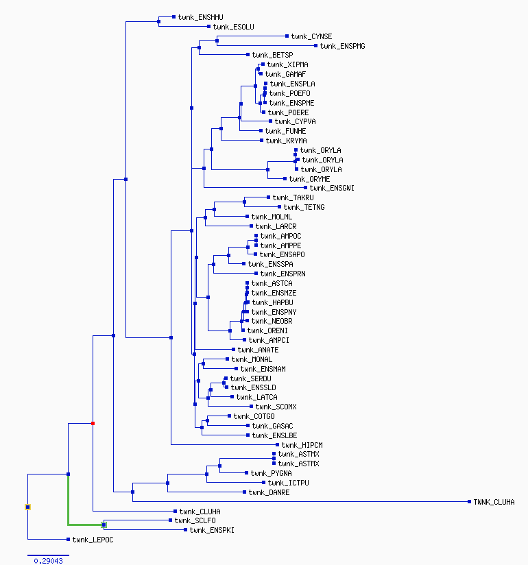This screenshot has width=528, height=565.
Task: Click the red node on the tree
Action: pyautogui.click(x=93, y=423)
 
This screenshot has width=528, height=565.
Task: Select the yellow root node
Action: pyautogui.click(x=27, y=507)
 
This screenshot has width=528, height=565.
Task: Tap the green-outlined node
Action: pyautogui.click(x=104, y=525)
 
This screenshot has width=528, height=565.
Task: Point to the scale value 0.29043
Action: pyautogui.click(x=48, y=561)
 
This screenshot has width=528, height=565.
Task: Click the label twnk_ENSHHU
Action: pyautogui.click(x=201, y=17)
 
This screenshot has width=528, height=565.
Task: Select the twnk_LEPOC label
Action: pyautogui.click(x=93, y=540)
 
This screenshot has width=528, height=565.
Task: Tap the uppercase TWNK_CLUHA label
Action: pyautogui.click(x=494, y=502)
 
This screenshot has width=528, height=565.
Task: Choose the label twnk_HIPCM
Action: pyautogui.click(x=302, y=445)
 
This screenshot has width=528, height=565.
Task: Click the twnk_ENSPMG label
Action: pyautogui.click(x=342, y=46)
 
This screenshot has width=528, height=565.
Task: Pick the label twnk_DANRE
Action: pyautogui.click(x=269, y=492)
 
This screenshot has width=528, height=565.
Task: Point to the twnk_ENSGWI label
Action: pyautogui.click(x=332, y=188)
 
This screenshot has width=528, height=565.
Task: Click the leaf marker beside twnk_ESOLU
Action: pyautogui.click(x=209, y=26)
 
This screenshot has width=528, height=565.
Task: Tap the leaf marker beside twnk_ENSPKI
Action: pyautogui.click(x=186, y=529)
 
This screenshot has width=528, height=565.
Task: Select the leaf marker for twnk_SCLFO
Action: pyautogui.click(x=171, y=520)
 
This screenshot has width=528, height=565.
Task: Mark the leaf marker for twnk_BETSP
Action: pyautogui.click(x=248, y=54)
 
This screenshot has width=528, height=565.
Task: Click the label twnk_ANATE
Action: pyautogui.click(x=258, y=350)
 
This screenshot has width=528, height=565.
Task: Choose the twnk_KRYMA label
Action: pyautogui.click(x=286, y=141)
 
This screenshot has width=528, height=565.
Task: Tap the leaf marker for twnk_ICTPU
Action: pyautogui.click(x=264, y=483)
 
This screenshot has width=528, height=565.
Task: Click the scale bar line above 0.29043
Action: pyautogui.click(x=48, y=555)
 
